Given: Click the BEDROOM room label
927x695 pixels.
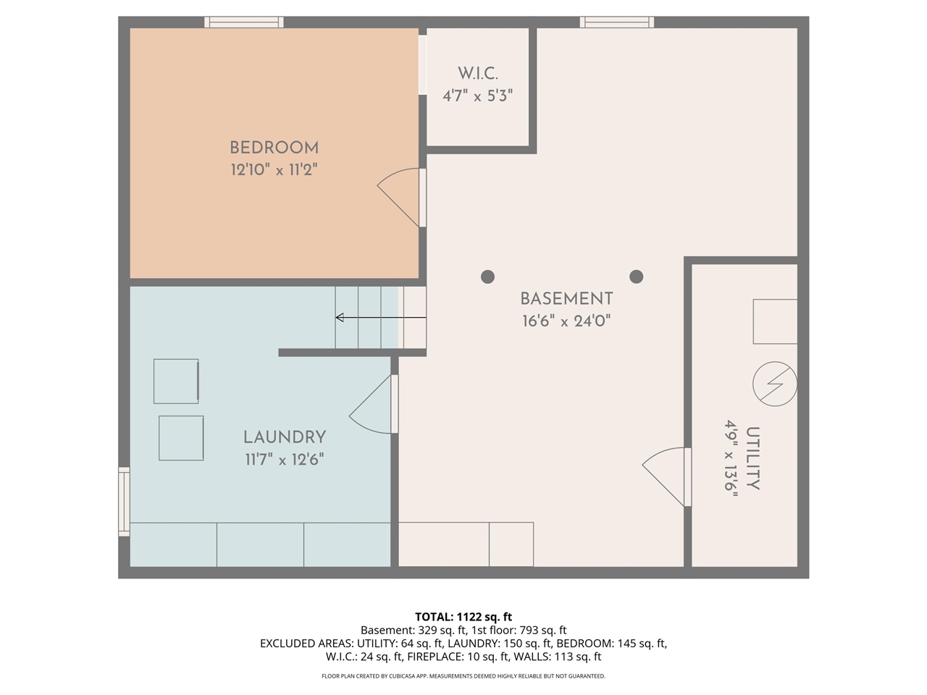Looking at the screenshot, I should click(x=274, y=148).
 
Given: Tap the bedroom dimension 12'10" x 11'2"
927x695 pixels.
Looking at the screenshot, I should click(x=274, y=171).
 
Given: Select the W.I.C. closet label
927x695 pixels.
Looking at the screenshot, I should click(x=477, y=73).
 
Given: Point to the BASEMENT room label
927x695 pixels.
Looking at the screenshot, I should click(x=566, y=298).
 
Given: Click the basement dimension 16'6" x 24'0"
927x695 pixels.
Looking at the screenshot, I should click(x=566, y=321).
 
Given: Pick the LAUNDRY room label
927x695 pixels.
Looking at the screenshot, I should click(x=285, y=437).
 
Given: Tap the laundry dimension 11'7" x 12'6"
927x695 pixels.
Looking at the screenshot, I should click(x=285, y=459).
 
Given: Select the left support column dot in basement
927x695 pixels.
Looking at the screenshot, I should click(x=487, y=277).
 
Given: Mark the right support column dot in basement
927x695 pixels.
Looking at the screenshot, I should click(x=637, y=277).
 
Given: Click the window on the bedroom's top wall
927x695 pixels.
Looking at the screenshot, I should click(x=243, y=22).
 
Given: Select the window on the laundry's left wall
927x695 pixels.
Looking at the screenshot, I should click(x=124, y=502).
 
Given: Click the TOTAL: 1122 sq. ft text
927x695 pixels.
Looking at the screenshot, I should click(x=463, y=617).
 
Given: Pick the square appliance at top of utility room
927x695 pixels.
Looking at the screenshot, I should click(x=775, y=321).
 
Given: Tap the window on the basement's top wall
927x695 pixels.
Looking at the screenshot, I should click(x=617, y=22).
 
